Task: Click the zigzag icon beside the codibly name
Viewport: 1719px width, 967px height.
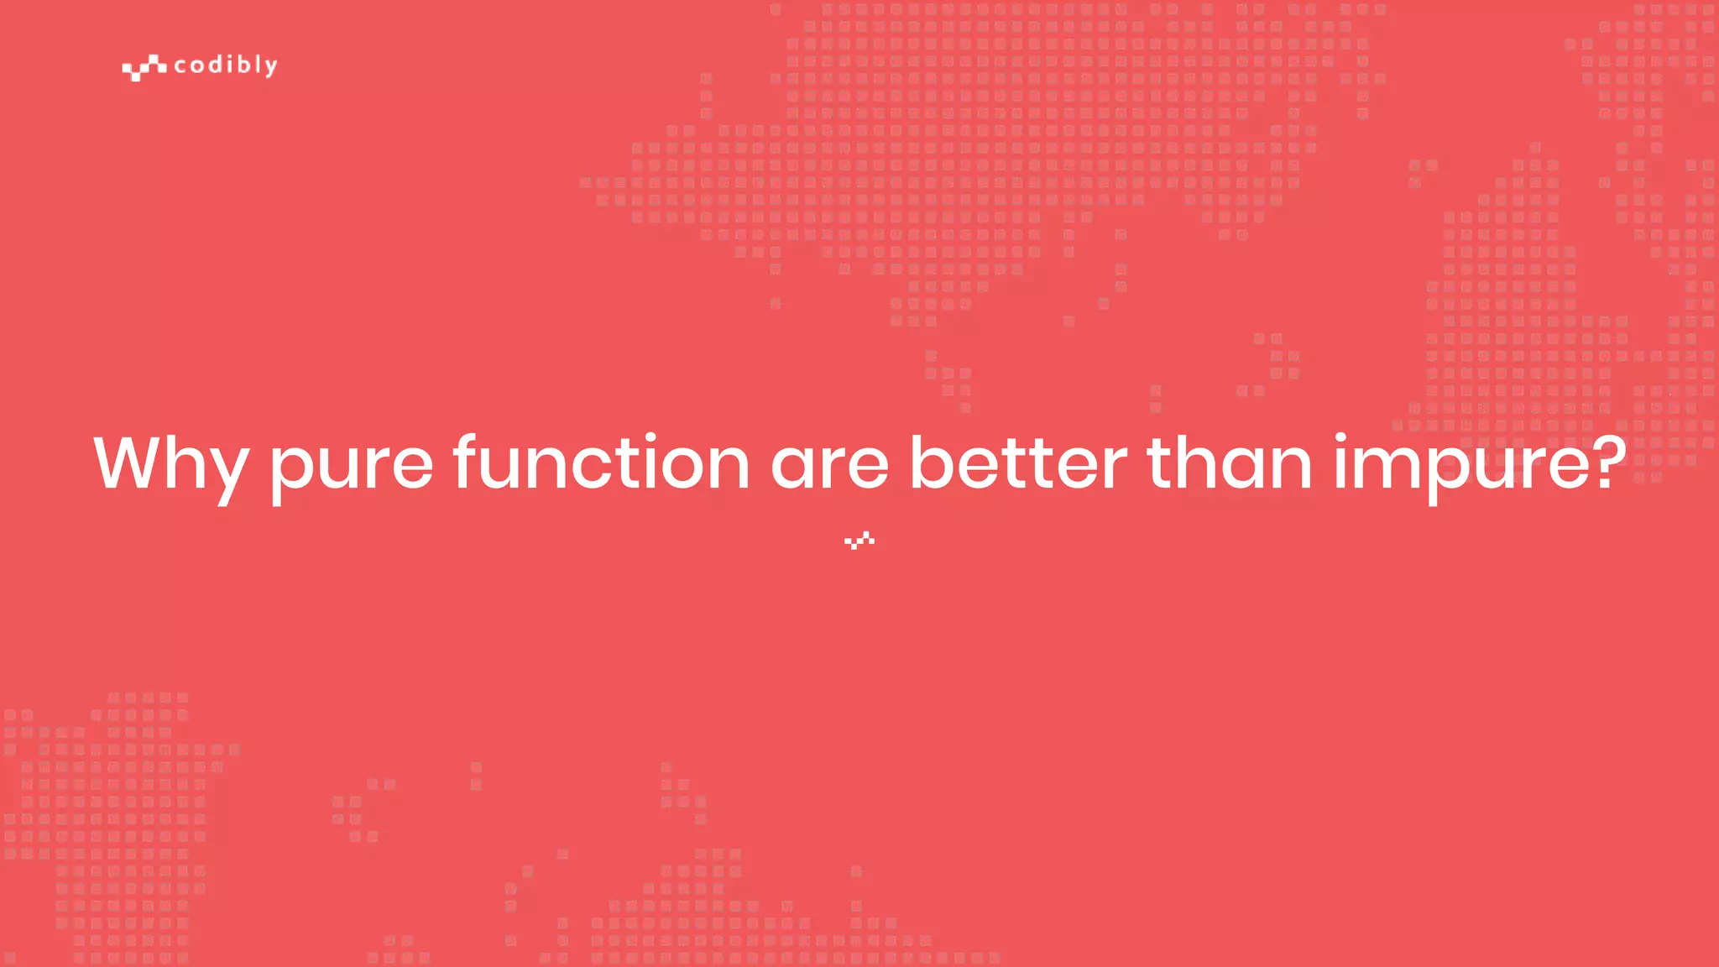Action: coord(144,67)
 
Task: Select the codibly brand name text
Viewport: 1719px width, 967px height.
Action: coord(225,65)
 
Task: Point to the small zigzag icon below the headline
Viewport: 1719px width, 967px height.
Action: coord(859,541)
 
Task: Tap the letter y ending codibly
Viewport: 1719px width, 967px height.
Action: coord(270,68)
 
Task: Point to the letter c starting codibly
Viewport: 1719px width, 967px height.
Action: coord(180,66)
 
